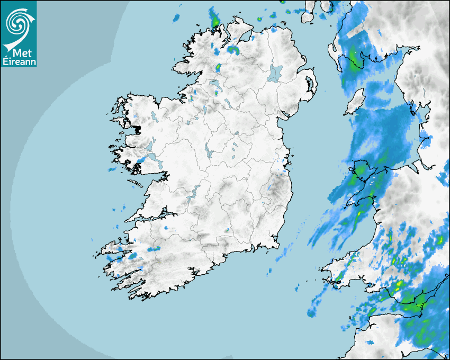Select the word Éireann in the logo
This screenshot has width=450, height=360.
(x=19, y=61)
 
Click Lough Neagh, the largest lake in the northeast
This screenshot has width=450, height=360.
(x=275, y=73)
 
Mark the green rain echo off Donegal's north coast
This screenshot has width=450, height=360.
(x=215, y=20)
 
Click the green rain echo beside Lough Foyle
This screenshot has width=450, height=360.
(x=233, y=50)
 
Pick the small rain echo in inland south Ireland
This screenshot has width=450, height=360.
(x=227, y=230)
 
